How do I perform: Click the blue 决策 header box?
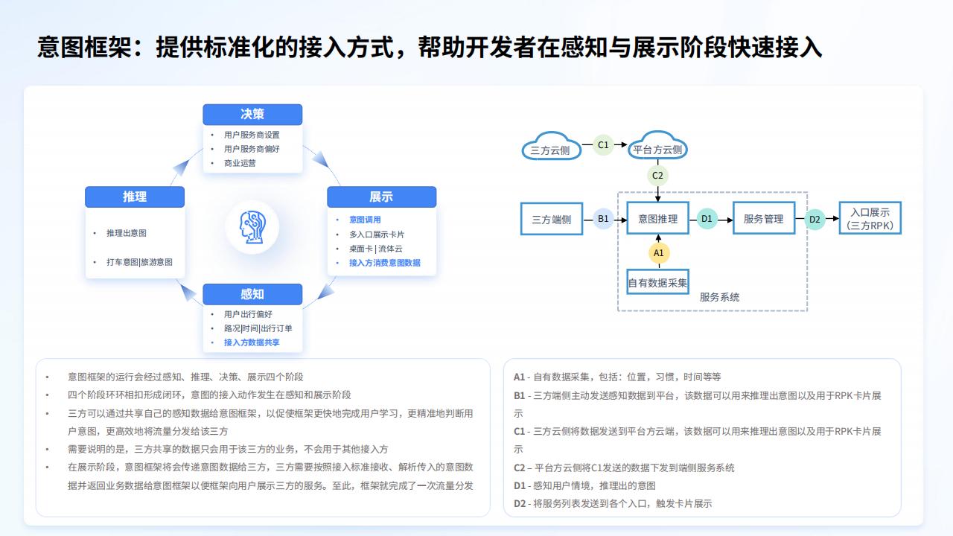(252, 115)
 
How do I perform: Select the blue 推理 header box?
(135, 197)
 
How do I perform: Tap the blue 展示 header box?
(381, 197)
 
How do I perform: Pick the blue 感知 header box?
(252, 294)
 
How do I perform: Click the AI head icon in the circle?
(252, 227)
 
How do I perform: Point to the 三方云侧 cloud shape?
(551, 146)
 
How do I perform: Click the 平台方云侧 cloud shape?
(657, 145)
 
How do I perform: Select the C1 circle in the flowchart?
(603, 144)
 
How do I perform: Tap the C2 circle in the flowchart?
(657, 175)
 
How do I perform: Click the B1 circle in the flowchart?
(603, 219)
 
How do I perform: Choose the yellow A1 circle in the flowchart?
(659, 252)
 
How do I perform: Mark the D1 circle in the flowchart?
(707, 219)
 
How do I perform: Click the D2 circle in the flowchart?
(815, 219)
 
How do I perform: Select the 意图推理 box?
(657, 218)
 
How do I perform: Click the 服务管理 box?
(764, 218)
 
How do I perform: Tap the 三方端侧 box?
(552, 219)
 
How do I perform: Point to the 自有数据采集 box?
(657, 282)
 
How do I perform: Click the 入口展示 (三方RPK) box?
(870, 218)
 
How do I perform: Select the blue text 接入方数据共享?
(252, 342)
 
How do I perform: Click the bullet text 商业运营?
(240, 163)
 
